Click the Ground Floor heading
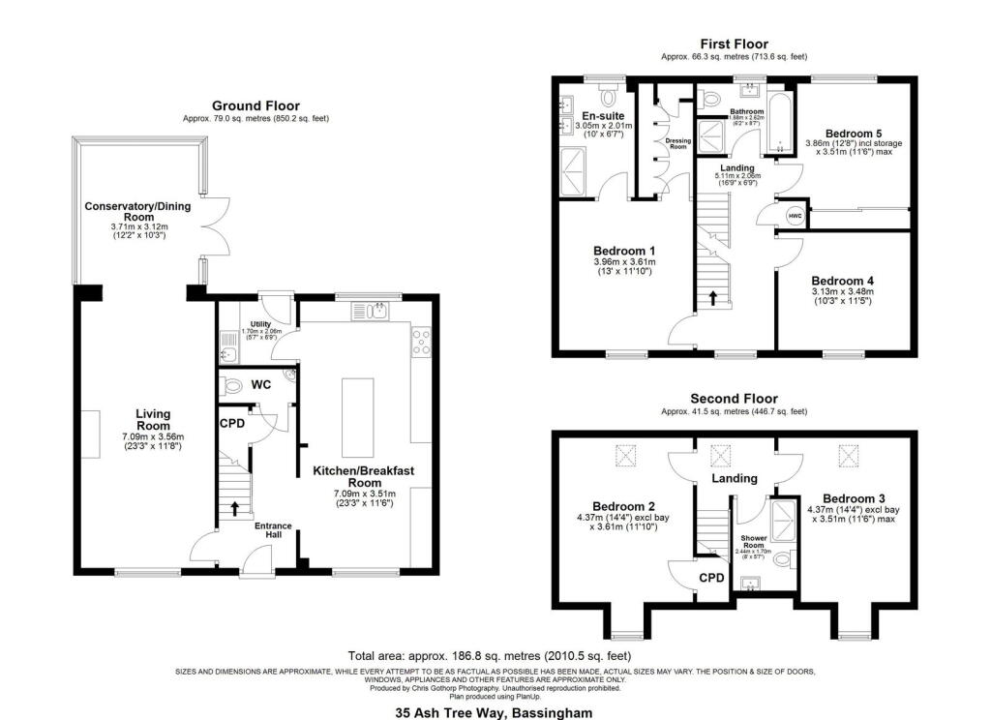pyautogui.click(x=255, y=105)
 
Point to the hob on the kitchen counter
pyautogui.click(x=422, y=342)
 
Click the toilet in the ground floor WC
pyautogui.click(x=232, y=386)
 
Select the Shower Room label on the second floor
pyautogui.click(x=754, y=538)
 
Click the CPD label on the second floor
pyautogui.click(x=712, y=579)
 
